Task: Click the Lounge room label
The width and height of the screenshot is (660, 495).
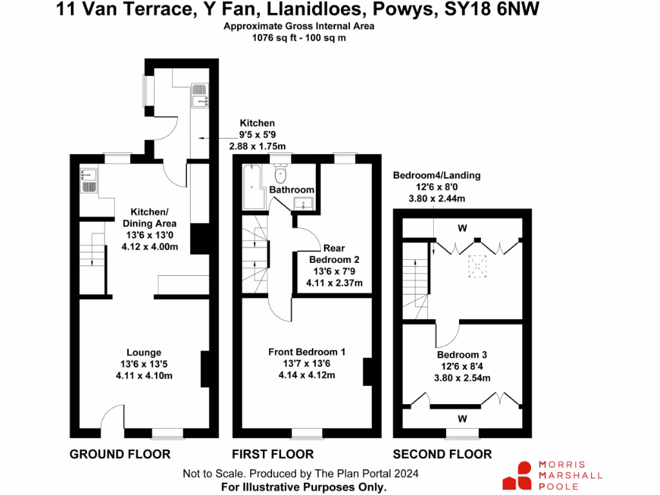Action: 144,353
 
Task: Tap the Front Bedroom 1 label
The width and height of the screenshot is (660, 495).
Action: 307,352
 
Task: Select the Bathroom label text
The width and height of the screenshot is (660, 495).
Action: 291,190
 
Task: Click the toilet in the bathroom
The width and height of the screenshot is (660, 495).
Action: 280,174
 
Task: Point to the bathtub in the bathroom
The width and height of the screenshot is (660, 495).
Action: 251,187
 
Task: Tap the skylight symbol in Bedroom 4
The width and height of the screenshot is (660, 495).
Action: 477,266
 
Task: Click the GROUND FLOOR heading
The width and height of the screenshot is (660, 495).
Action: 120,454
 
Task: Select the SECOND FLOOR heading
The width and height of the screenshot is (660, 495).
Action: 442,454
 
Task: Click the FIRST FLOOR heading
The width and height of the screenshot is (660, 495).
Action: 273,454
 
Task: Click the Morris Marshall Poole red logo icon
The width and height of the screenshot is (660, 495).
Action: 517,475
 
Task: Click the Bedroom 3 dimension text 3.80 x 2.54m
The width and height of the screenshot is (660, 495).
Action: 461,378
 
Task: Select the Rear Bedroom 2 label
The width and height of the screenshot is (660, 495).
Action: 334,260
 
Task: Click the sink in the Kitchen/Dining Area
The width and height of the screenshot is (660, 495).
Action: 89,181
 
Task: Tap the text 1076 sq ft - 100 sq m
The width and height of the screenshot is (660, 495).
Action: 298,38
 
